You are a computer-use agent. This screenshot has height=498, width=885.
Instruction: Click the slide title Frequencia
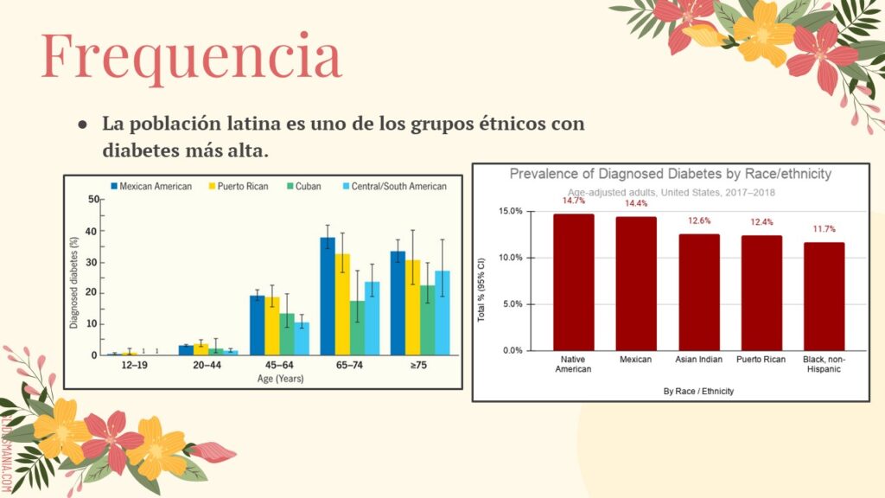coord(191,57)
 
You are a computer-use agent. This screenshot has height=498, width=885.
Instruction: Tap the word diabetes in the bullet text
coord(137,150)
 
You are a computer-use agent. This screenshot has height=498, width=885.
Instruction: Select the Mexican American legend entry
coord(150,186)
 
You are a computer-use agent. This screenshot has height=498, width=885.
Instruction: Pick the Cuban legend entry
coord(302,186)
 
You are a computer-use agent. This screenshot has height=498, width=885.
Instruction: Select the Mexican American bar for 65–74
coord(328,296)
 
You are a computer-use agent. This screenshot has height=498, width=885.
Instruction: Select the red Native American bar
coord(573,282)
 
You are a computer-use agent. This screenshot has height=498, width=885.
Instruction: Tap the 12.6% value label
coord(698,221)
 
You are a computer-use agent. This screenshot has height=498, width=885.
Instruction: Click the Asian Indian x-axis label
coord(698,359)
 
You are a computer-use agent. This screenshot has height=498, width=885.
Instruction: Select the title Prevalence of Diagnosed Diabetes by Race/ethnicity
coord(670,174)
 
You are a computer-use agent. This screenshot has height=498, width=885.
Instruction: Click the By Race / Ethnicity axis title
coord(698,391)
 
